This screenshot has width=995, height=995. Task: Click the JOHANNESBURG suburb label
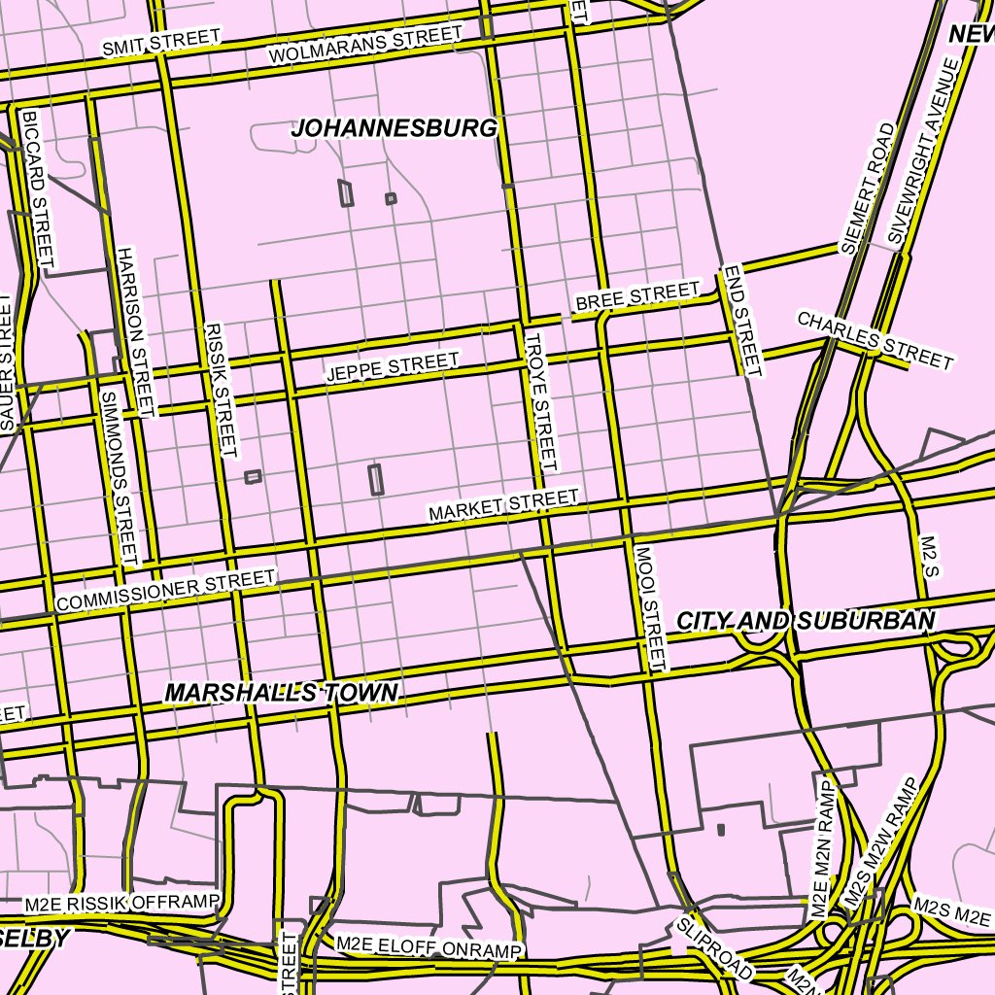395,128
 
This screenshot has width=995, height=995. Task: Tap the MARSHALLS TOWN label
281,693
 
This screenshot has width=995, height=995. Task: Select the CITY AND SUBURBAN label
806,621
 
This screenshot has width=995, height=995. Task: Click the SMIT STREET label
161,42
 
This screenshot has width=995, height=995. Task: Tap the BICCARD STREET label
38,187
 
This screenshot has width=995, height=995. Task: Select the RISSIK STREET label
222,390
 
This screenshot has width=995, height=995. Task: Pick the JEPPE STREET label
393,367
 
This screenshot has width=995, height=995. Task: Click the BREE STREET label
637,296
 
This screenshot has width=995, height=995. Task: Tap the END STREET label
740,320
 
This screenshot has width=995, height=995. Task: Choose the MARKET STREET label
504,504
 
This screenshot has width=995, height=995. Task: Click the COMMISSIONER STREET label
165,591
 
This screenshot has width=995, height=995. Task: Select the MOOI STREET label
651,607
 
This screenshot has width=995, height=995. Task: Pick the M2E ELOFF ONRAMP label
429,946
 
